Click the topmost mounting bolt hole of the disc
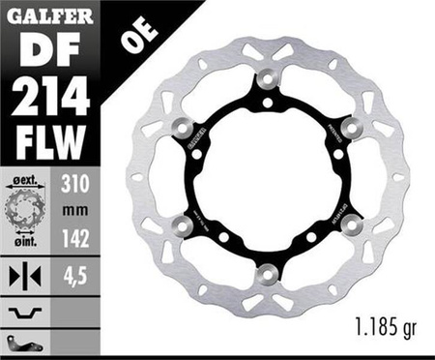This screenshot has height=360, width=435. tap(268, 77)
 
